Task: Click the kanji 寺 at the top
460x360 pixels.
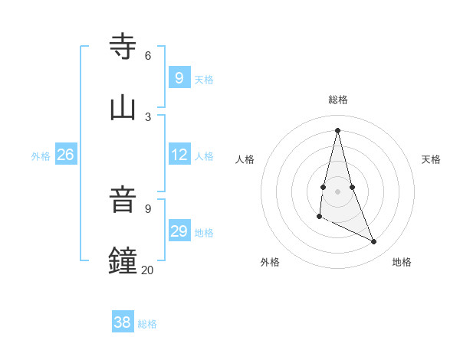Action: tap(123, 47)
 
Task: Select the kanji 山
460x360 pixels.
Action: tap(123, 107)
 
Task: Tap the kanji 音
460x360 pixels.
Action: tap(123, 200)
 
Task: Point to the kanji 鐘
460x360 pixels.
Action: tap(123, 260)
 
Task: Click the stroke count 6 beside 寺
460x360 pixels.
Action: tap(148, 55)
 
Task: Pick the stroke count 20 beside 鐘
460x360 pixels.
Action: tap(147, 270)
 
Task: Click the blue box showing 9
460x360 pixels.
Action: tap(179, 77)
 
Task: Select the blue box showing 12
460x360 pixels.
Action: tap(179, 154)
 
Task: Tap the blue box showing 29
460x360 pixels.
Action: tap(179, 231)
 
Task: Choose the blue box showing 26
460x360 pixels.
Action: tap(65, 155)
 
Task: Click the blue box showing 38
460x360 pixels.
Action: tap(123, 322)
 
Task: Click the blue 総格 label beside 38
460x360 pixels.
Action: tap(147, 324)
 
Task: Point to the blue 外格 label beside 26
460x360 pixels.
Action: tap(41, 156)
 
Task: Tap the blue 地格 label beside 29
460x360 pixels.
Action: tap(204, 233)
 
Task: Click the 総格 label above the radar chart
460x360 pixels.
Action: tap(338, 100)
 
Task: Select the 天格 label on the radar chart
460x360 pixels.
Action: tap(431, 159)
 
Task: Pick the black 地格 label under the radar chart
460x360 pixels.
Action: tap(402, 262)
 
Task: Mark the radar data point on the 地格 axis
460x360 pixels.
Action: tap(374, 242)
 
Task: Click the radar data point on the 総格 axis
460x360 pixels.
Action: tap(338, 129)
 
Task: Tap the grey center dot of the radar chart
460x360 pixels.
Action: tap(338, 191)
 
